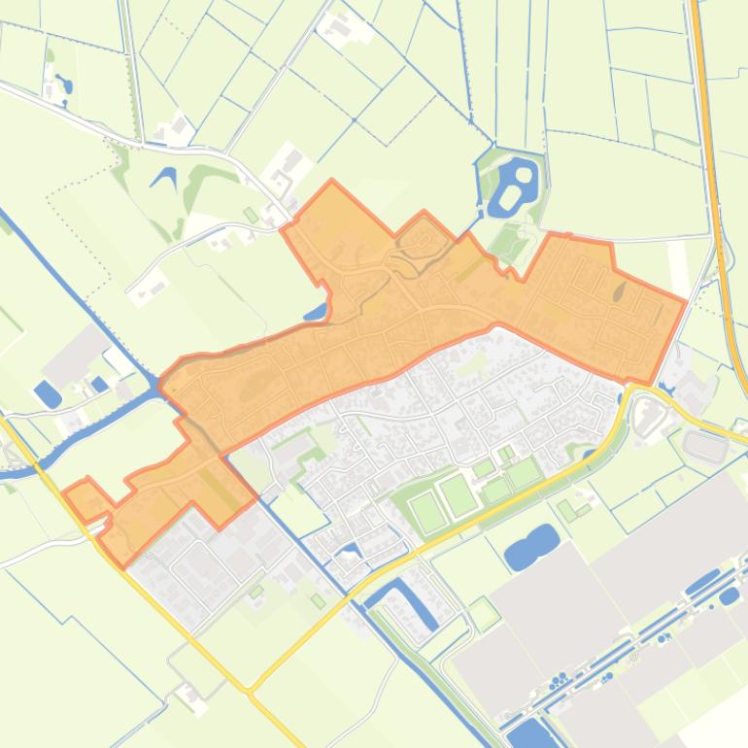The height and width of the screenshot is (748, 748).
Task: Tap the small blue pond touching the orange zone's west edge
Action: pos(317,313)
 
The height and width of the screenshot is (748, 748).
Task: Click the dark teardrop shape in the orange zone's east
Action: pos(620,290)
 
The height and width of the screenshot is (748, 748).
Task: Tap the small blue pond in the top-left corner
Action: pos(64,85)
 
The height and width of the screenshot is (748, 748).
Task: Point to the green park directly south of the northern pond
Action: pos(506,239)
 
